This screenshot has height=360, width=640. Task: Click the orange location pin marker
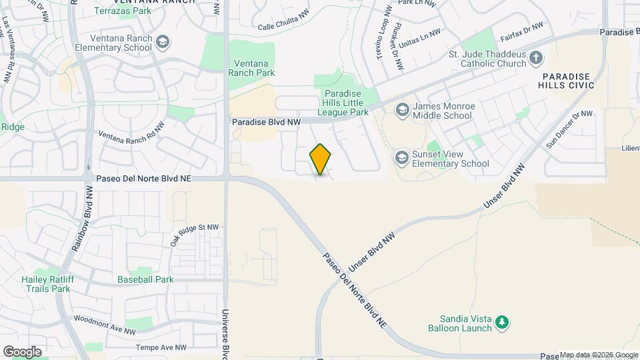(x=321, y=159)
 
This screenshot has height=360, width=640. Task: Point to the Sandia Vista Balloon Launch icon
(x=502, y=323)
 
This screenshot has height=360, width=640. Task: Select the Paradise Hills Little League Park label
(x=346, y=103)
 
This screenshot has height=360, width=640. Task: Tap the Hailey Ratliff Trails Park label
(x=45, y=284)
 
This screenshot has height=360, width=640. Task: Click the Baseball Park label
(x=145, y=279)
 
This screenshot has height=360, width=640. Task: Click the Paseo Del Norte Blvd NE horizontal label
(x=144, y=179)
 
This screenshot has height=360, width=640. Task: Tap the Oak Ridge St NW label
(x=194, y=235)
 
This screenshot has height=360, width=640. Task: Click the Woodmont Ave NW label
(x=105, y=323)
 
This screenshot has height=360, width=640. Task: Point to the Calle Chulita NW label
(x=283, y=22)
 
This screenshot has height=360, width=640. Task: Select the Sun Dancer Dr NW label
(x=569, y=129)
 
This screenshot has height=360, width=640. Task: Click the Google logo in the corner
(x=22, y=351)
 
